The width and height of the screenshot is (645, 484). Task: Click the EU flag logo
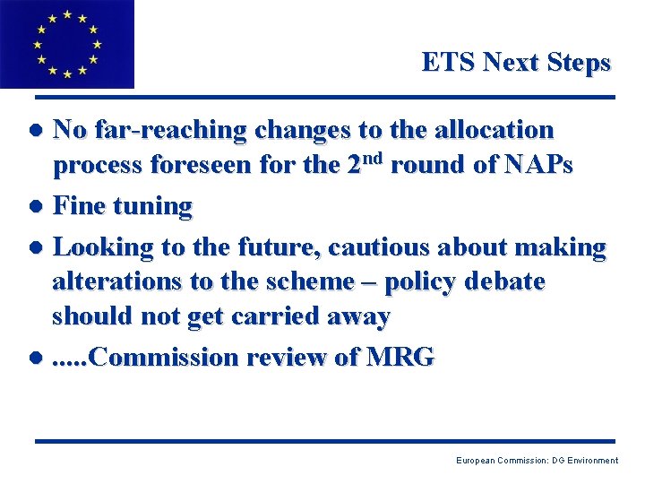point(66,43)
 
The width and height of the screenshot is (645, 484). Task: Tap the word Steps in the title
point(580,63)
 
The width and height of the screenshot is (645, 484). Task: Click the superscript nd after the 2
point(374,160)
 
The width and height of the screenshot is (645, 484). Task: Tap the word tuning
point(151,207)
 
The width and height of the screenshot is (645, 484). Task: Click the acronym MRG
point(400,357)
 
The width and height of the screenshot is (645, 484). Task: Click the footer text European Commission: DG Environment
point(537,461)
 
